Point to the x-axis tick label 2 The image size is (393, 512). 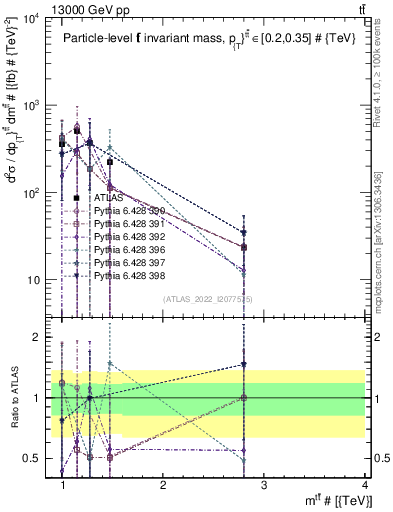pyautogui.click(x=163, y=484)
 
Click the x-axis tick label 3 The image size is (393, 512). pyautogui.click(x=263, y=484)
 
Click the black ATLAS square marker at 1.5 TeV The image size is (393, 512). pyautogui.click(x=110, y=161)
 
